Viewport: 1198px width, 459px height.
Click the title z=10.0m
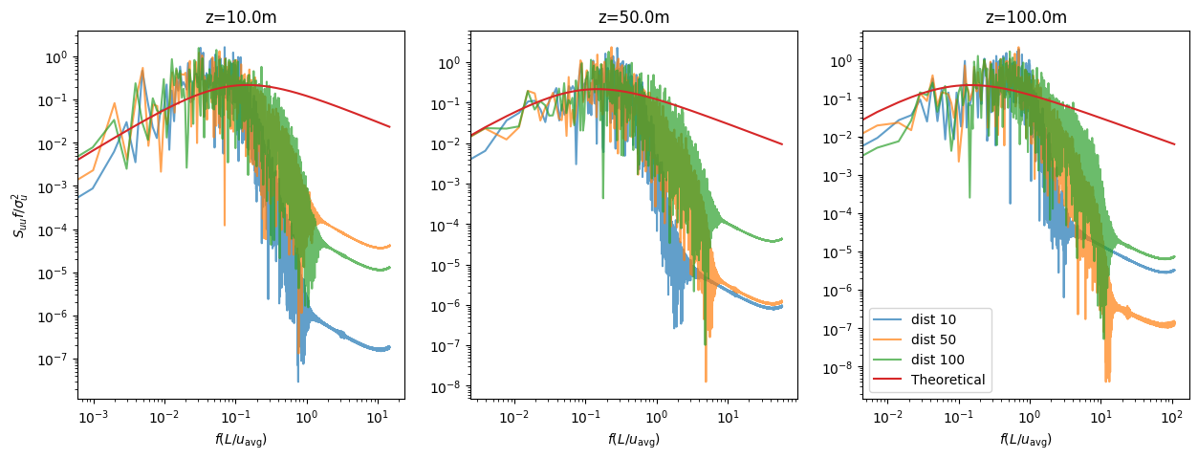click(x=240, y=17)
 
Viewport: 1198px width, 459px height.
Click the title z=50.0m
click(x=632, y=17)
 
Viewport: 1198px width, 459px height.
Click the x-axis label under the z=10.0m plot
click(x=240, y=439)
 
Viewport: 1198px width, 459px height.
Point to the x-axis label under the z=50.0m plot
click(x=632, y=439)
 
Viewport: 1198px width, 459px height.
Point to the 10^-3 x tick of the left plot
click(x=94, y=417)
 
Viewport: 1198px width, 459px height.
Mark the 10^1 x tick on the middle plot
click(x=728, y=417)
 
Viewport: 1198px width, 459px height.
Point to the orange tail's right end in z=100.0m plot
click(x=1174, y=324)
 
